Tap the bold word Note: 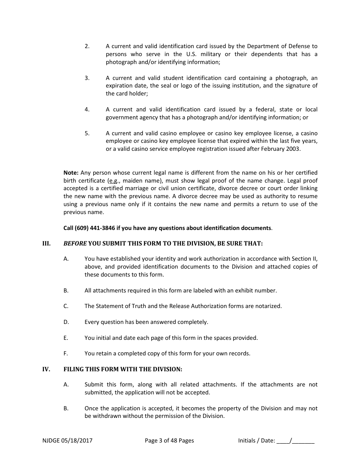point(71,173)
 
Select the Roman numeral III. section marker point(46,244)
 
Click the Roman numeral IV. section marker point(46,369)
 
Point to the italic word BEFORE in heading point(75,244)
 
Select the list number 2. point(87,46)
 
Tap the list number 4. point(87,109)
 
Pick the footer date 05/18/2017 point(78,441)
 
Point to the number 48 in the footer point(174,441)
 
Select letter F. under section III point(66,353)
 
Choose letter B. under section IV point(66,408)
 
